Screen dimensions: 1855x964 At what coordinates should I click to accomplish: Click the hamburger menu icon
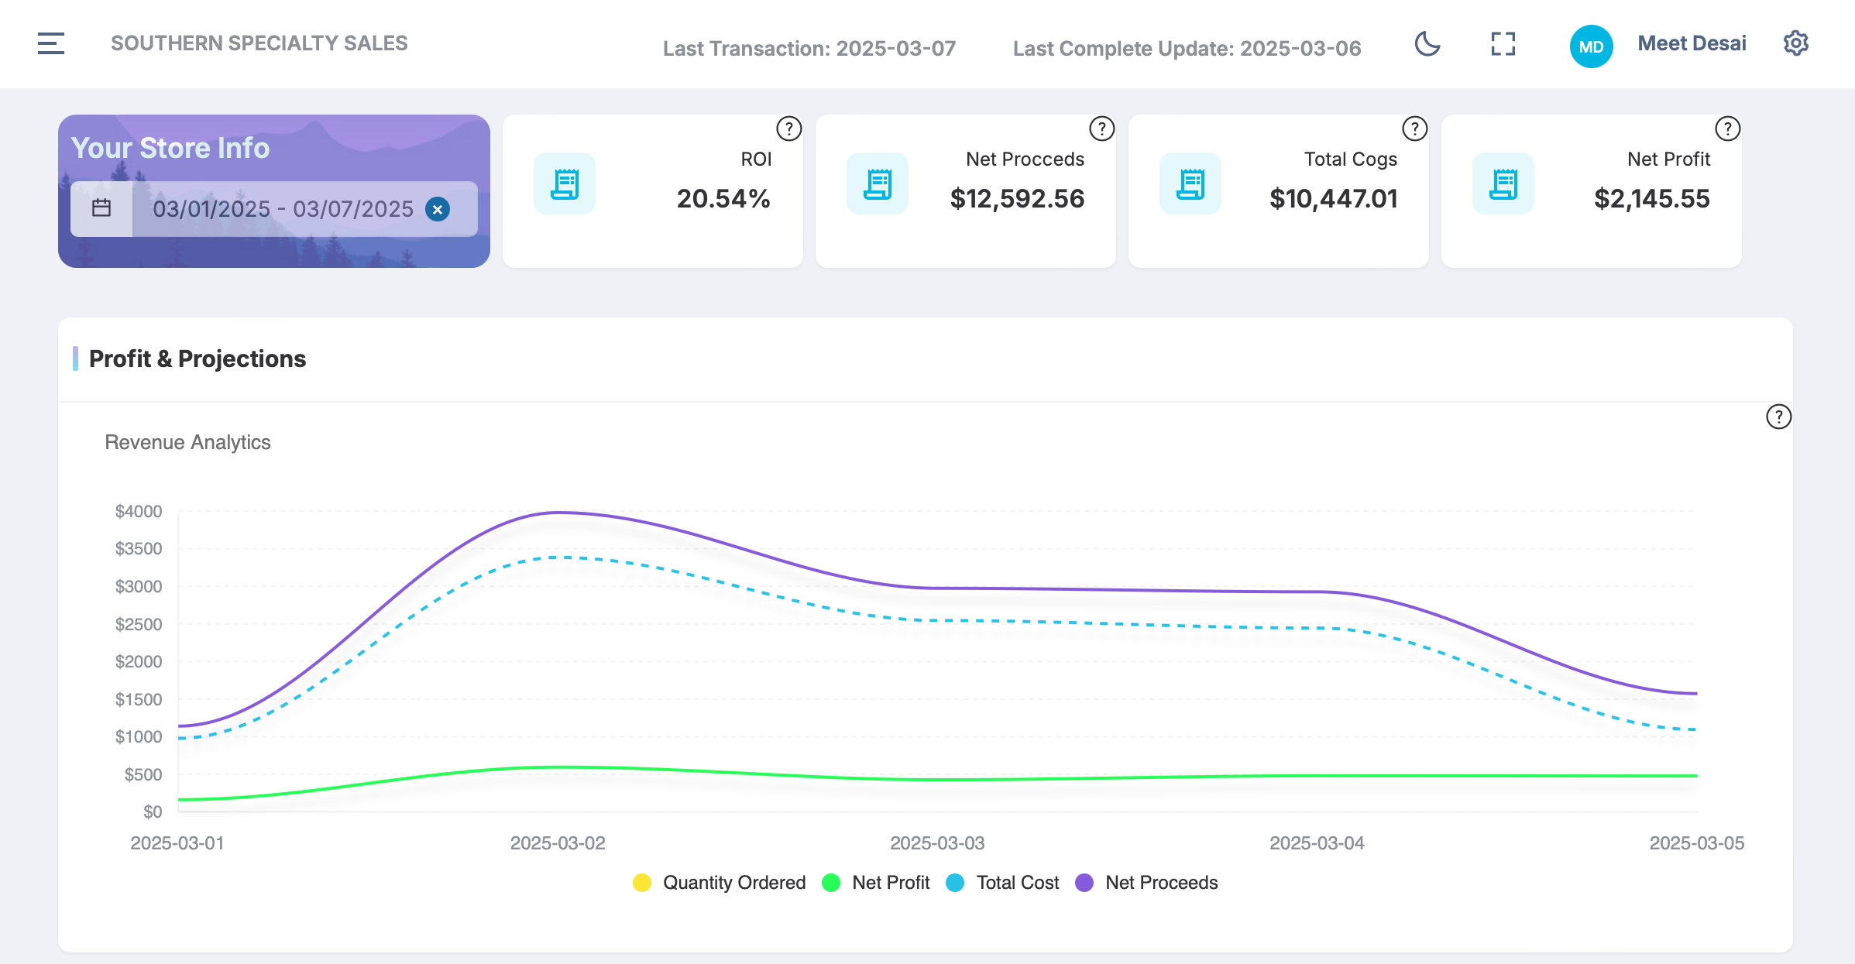click(51, 43)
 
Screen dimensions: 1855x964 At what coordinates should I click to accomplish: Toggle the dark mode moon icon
click(1427, 43)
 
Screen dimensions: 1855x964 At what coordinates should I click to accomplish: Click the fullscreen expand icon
click(1503, 43)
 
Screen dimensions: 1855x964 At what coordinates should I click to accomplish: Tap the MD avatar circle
click(1591, 46)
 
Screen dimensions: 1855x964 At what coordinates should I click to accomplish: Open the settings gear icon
click(1795, 43)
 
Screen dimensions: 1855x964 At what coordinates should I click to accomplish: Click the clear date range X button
click(438, 209)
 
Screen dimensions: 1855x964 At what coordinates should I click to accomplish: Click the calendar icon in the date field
click(101, 208)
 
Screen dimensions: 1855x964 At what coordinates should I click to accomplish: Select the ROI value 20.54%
click(723, 199)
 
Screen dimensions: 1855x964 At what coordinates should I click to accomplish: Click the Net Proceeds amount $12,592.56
click(1017, 199)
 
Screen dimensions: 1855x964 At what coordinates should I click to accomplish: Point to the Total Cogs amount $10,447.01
click(1334, 199)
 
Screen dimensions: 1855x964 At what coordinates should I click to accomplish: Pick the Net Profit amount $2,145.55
click(1652, 199)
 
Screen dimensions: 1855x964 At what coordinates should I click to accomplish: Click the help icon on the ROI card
click(788, 129)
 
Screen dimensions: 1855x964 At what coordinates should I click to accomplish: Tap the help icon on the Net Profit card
click(1727, 129)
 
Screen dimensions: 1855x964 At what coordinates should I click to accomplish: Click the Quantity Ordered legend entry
click(719, 883)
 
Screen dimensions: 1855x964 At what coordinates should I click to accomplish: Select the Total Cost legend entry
click(1002, 883)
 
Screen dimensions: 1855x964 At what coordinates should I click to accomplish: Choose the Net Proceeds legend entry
click(1146, 883)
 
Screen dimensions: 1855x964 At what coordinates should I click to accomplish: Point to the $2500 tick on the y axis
click(139, 624)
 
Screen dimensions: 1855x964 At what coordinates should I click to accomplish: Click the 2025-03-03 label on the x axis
click(937, 843)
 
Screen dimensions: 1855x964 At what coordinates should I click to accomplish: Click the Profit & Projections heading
click(198, 358)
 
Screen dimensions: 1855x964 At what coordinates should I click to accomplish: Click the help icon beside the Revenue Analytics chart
click(1778, 417)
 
